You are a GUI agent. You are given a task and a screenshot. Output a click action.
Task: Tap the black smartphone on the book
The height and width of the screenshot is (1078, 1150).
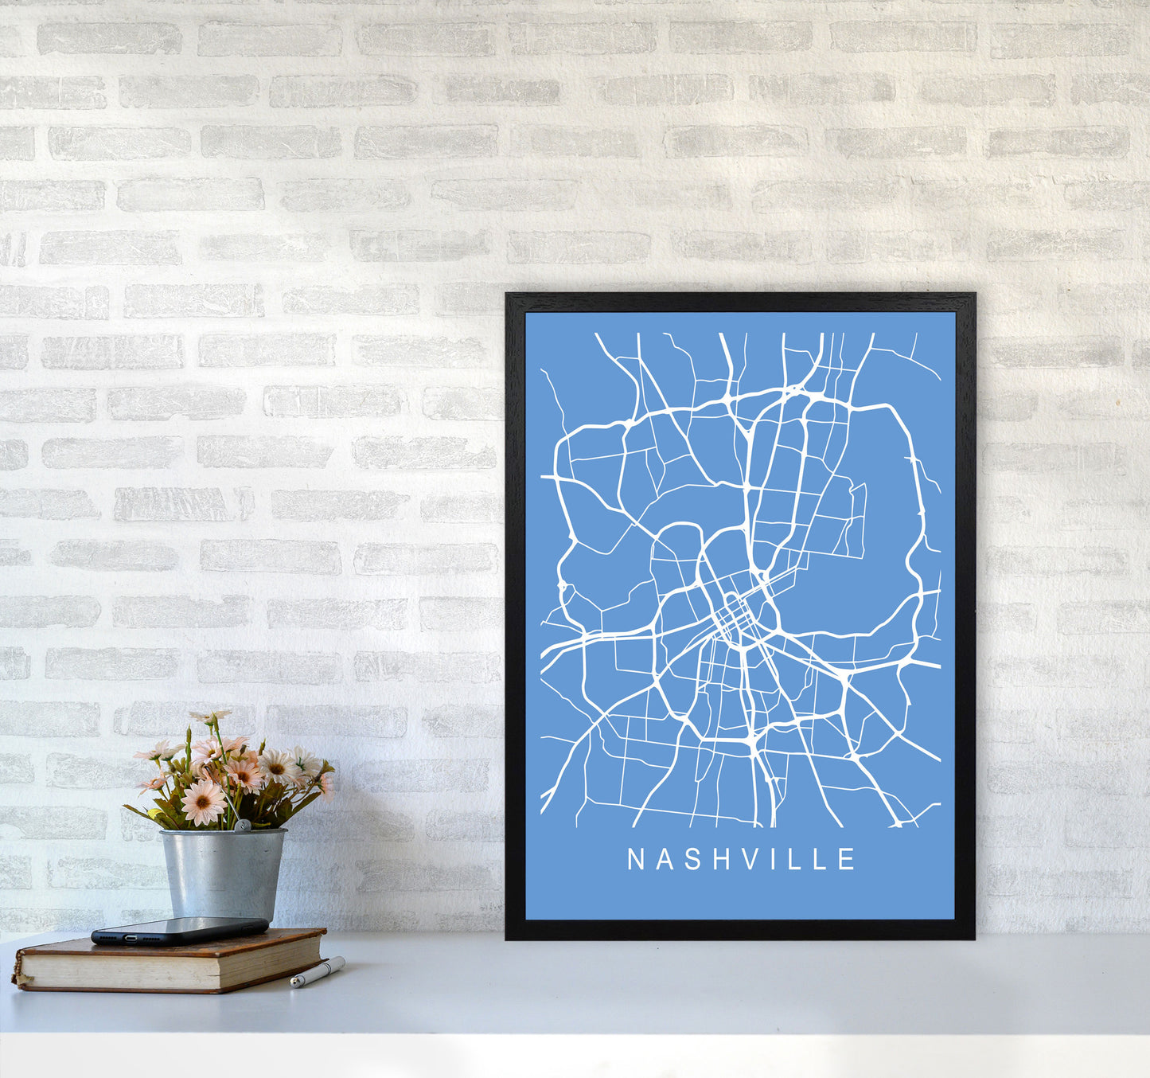[180, 929]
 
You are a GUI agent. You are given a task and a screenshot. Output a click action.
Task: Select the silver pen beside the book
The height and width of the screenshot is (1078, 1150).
[317, 972]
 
